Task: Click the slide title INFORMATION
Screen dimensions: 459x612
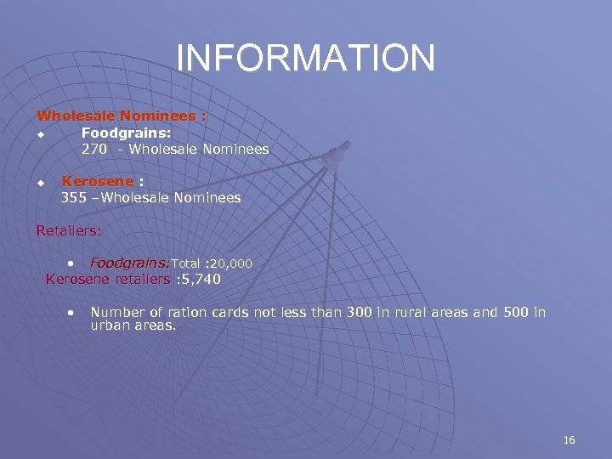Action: tap(306, 58)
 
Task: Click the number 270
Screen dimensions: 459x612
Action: tap(94, 149)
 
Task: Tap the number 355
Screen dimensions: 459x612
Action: tap(74, 197)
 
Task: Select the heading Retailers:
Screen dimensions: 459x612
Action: tap(69, 229)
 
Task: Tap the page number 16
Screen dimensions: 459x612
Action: tap(569, 439)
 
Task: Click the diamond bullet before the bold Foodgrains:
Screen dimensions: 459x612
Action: tap(39, 134)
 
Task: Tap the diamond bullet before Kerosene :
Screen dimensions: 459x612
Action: tap(39, 183)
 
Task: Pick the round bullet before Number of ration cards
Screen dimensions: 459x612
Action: tap(74, 312)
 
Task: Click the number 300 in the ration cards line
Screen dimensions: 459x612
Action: tap(360, 312)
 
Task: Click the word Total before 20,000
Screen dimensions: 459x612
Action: tap(185, 263)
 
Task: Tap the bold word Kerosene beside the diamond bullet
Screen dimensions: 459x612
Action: tap(98, 181)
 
